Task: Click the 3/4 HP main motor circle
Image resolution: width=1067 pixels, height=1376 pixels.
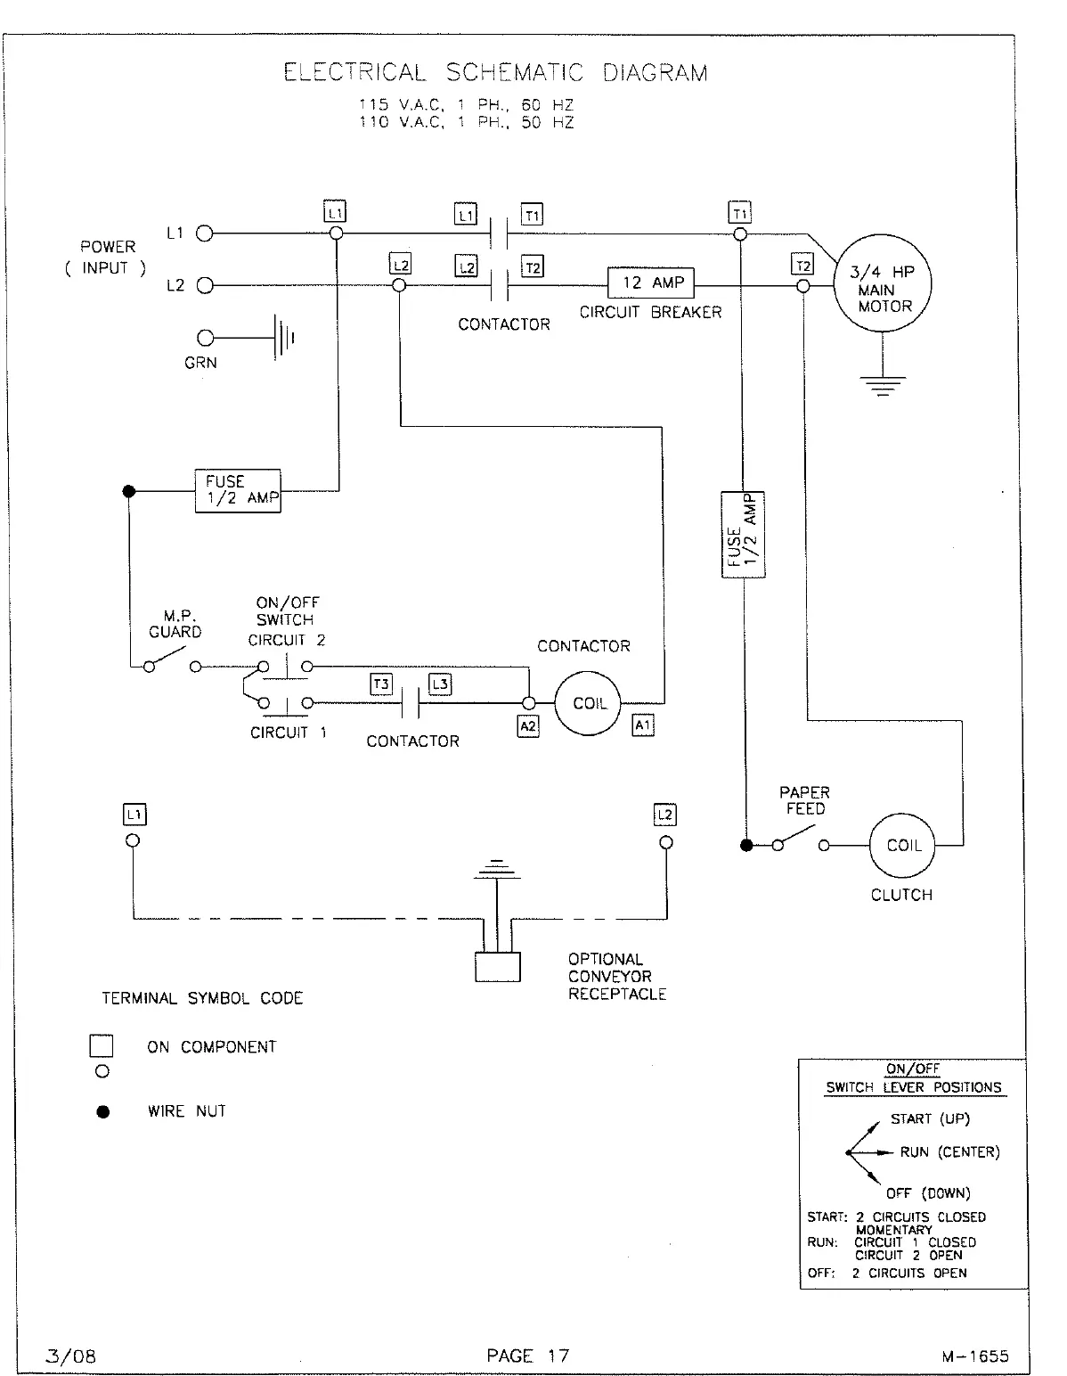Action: coord(882,286)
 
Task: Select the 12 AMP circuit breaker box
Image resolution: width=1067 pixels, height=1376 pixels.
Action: coord(650,283)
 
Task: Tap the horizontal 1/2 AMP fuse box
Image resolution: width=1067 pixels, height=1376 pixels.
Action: coord(238,490)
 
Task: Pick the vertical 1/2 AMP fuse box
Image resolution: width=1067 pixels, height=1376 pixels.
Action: coord(743,535)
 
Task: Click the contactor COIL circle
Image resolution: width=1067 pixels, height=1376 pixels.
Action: coord(589,703)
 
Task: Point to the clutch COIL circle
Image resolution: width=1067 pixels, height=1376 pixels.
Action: coord(903,846)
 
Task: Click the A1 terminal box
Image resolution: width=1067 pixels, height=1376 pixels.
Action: coord(642,725)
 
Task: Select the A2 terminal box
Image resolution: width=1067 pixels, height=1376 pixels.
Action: coord(528,725)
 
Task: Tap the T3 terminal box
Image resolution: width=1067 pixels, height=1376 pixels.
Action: coord(381,684)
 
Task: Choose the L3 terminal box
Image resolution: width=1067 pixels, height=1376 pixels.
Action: coord(440,684)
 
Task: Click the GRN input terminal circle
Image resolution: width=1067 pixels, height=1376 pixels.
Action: coord(206,338)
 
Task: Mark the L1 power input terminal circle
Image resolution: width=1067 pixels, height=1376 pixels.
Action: coord(204,234)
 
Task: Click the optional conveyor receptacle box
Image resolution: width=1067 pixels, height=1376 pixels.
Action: coord(497,967)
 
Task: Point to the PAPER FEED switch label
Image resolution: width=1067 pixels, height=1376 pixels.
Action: coord(803,800)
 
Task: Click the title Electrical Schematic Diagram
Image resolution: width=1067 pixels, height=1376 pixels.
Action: coord(495,72)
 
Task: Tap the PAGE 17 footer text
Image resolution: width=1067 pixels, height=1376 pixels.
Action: coord(527,1356)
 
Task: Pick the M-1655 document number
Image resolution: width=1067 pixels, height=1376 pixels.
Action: coord(974,1356)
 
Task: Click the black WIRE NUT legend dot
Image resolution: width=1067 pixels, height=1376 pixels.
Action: coord(103,1111)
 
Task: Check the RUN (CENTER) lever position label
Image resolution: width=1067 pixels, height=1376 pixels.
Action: coord(949,1152)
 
